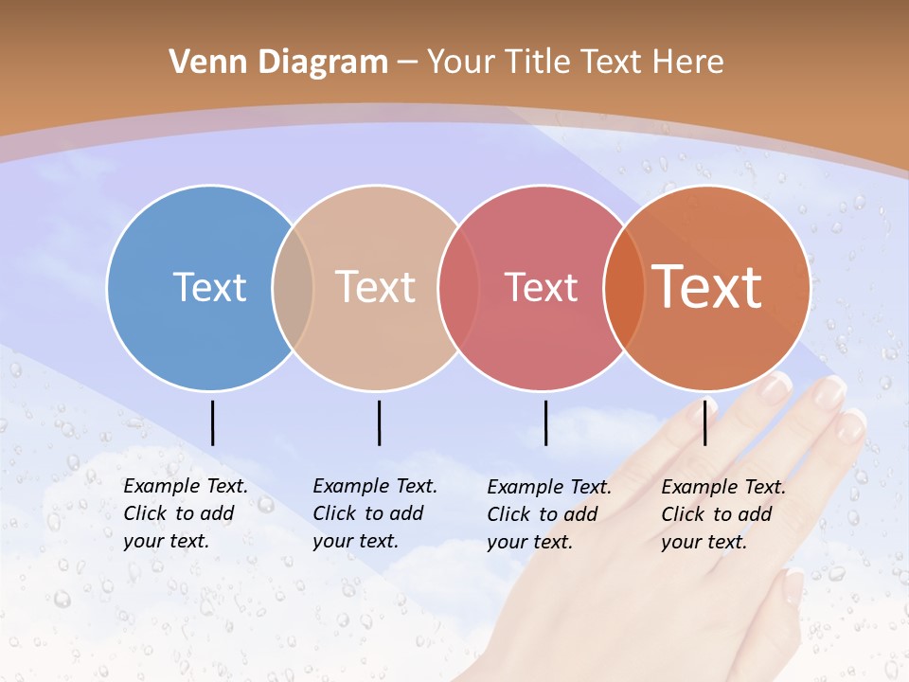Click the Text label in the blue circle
[x=209, y=287]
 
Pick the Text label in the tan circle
[x=376, y=287]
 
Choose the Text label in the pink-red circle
[x=541, y=287]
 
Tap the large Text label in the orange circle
[x=707, y=287]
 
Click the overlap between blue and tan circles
[x=293, y=287]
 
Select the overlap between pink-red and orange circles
[x=624, y=287]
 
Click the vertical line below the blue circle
[x=213, y=422]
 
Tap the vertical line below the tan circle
[x=379, y=422]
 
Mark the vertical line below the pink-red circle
[x=546, y=422]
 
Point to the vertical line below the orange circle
[x=705, y=422]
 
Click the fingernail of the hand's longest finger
[x=829, y=390]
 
